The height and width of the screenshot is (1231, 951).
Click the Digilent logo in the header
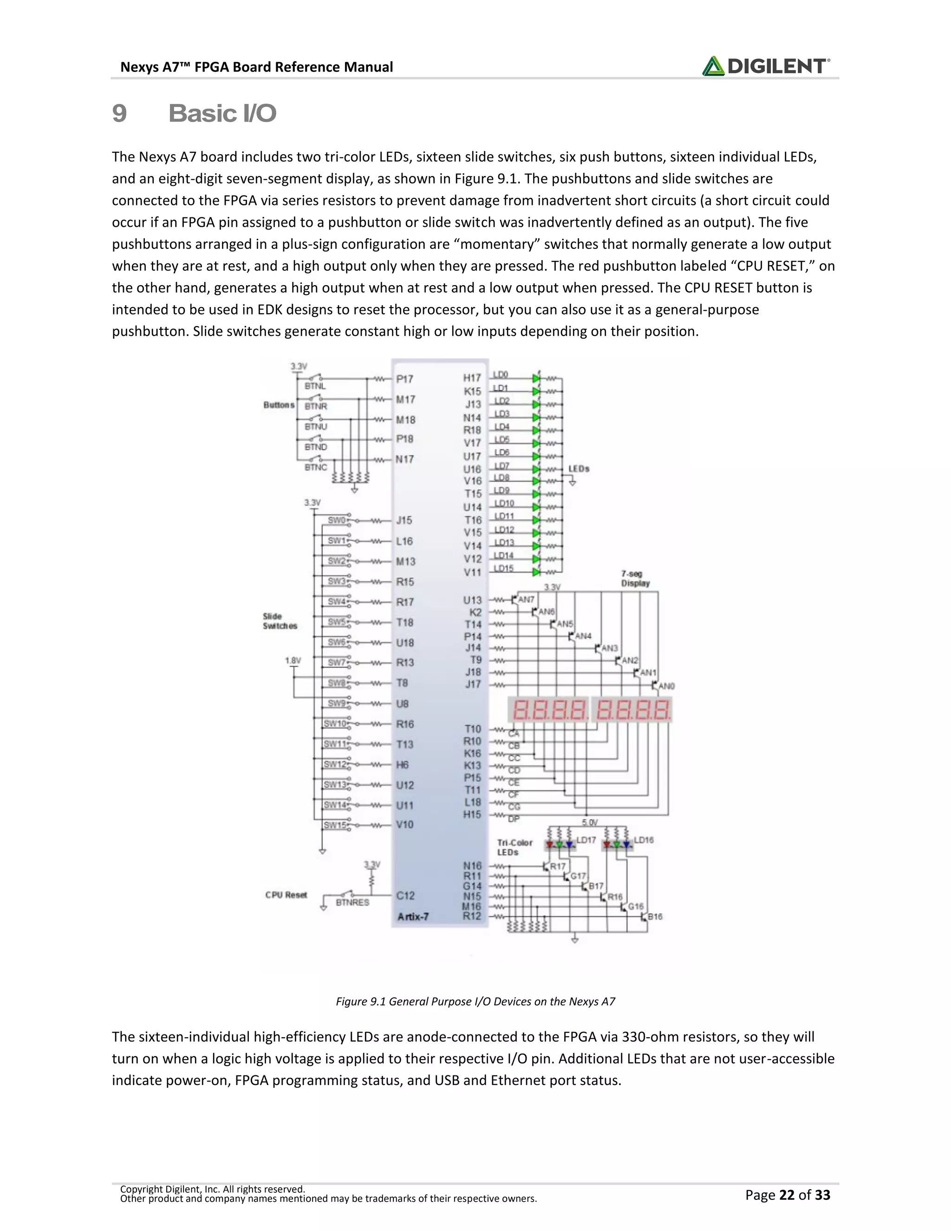pyautogui.click(x=765, y=66)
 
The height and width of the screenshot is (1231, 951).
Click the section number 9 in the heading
pyautogui.click(x=119, y=113)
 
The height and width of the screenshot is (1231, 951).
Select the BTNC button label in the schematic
pyautogui.click(x=315, y=467)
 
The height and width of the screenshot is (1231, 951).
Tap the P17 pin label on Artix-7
pyautogui.click(x=404, y=380)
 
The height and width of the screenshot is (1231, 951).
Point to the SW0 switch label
pyautogui.click(x=336, y=520)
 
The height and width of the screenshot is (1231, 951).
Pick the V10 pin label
pyautogui.click(x=404, y=825)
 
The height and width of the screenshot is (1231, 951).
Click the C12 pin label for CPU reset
pyautogui.click(x=405, y=895)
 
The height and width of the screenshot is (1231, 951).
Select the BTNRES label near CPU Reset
pyautogui.click(x=352, y=903)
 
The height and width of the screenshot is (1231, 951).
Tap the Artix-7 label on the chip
pyautogui.click(x=413, y=917)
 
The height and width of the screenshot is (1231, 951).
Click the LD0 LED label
pyautogui.click(x=500, y=375)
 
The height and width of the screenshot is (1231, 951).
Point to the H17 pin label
pyautogui.click(x=472, y=378)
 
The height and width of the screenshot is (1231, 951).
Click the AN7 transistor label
pyautogui.click(x=526, y=600)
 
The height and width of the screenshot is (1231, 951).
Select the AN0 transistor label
pyautogui.click(x=666, y=686)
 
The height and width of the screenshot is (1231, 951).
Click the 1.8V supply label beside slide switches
pyautogui.click(x=293, y=660)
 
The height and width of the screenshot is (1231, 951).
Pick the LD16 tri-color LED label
pyautogui.click(x=644, y=840)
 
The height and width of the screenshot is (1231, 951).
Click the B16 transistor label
pyautogui.click(x=655, y=917)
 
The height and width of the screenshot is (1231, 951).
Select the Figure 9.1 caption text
pyautogui.click(x=475, y=1001)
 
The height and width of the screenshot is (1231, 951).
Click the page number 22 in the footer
pyautogui.click(x=787, y=1194)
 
